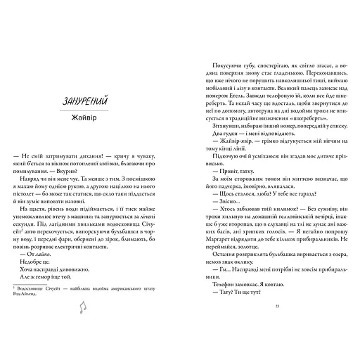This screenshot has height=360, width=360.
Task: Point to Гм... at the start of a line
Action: (216, 261)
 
